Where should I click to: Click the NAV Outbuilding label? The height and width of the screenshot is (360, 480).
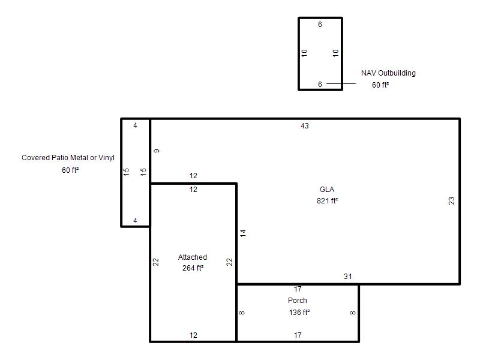tap(388, 73)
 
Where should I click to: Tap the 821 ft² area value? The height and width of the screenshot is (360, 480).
tap(327, 201)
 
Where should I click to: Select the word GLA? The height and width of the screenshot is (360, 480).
tap(327, 190)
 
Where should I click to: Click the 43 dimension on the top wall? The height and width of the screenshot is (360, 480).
tap(305, 126)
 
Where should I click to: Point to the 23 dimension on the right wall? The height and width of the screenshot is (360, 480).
tap(452, 201)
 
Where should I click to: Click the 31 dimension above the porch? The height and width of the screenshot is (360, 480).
tap(348, 277)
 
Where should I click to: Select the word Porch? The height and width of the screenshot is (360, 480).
tap(297, 301)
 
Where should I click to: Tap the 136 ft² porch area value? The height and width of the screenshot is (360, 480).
tap(299, 312)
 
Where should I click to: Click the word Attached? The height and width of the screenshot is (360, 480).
tap(193, 257)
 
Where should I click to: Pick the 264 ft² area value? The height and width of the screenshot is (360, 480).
tap(193, 268)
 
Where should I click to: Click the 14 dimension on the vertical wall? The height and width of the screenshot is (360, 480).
tap(243, 233)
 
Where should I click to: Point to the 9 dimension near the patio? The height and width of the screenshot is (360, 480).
tap(157, 151)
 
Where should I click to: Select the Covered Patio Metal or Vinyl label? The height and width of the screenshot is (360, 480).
tap(68, 158)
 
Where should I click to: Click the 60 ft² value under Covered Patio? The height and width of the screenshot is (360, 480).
tap(70, 170)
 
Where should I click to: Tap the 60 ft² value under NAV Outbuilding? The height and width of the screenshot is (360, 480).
tap(380, 85)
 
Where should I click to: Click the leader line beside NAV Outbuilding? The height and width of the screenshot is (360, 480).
tap(341, 83)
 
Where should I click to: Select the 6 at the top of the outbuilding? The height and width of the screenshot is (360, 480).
tap(320, 25)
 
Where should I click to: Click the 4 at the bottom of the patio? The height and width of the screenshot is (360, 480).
tap(136, 221)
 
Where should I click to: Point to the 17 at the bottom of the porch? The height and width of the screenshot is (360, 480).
tap(298, 335)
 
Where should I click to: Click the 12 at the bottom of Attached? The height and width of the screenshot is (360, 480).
tap(193, 335)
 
